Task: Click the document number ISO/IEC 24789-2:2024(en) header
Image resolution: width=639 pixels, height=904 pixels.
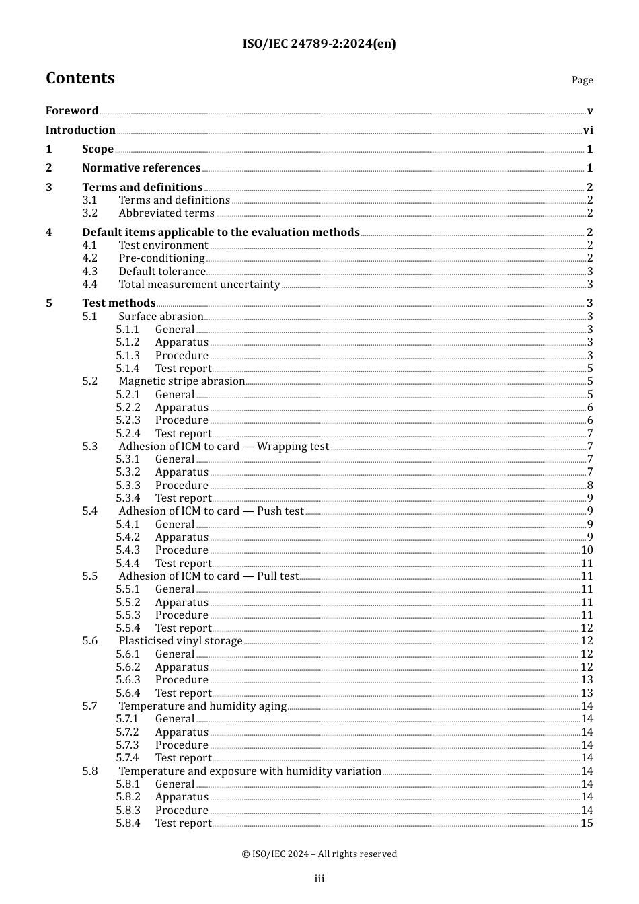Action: pos(319,44)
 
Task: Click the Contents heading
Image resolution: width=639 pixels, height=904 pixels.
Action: pos(80,78)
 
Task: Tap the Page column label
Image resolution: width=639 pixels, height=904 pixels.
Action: pos(582,80)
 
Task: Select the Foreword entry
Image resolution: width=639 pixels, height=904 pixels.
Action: pos(72,111)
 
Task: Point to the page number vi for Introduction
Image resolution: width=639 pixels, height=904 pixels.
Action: pos(588,130)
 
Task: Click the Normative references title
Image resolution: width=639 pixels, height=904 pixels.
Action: pos(141,168)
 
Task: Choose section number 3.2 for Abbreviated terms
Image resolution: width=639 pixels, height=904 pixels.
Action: pos(90,213)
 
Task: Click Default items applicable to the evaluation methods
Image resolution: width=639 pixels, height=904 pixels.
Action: pos(221,233)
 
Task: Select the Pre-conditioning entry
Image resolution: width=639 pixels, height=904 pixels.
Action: pos(161,258)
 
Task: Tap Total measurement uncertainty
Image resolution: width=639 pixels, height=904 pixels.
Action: pos(199,285)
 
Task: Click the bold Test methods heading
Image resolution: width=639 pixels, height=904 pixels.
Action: pos(118,303)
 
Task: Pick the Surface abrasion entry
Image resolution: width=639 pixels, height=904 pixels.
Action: pos(161,317)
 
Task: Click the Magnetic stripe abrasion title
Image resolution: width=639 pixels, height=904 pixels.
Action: pos(182,381)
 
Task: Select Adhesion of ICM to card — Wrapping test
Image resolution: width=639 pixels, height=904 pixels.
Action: pos(224,447)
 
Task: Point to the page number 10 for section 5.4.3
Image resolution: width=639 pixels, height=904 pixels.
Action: pos(587,550)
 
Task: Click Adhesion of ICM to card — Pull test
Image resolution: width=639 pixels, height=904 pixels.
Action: pos(209,576)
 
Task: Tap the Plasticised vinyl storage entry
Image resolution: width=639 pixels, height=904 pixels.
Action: pos(180,641)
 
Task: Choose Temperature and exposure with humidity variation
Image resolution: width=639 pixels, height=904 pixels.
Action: pos(250,771)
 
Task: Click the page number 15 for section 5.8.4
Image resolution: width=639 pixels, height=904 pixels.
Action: pos(587,823)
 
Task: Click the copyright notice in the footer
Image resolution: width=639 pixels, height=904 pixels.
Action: pos(319,854)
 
